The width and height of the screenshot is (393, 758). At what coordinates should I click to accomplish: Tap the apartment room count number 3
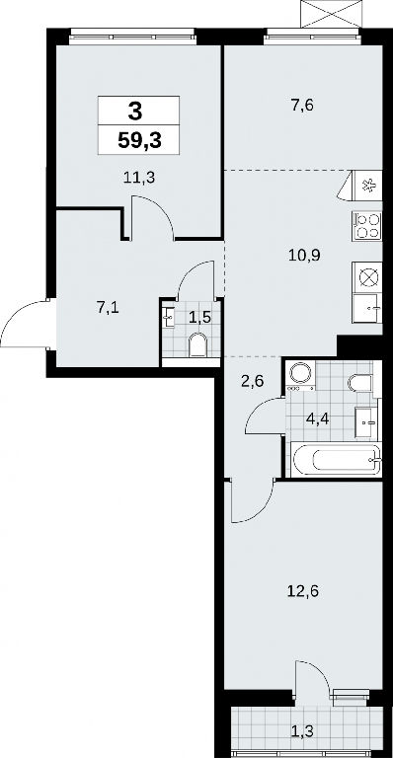(x=135, y=112)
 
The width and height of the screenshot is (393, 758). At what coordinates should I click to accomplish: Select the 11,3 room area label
(x=138, y=178)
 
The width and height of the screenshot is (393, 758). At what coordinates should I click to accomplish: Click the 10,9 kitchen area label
(x=300, y=255)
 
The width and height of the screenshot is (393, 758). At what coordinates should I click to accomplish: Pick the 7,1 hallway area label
(x=108, y=308)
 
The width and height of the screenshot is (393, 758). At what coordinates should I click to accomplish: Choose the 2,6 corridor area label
(x=251, y=381)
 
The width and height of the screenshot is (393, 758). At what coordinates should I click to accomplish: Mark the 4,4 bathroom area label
(x=318, y=418)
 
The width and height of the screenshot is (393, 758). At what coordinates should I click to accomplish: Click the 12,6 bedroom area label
(x=302, y=591)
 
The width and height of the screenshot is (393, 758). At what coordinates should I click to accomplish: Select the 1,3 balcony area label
(x=302, y=731)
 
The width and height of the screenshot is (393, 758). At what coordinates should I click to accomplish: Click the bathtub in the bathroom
(x=337, y=459)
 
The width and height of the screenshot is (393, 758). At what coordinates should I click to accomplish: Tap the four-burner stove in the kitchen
(x=367, y=226)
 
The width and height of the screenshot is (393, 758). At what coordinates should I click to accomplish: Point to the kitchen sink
(x=367, y=308)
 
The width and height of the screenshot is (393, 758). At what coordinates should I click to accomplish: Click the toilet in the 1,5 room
(x=197, y=344)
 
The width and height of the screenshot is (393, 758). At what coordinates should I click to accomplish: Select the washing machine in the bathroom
(x=300, y=375)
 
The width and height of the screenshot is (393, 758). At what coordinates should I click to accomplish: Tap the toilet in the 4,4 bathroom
(x=360, y=383)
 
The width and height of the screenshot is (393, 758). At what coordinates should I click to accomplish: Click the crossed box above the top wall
(x=331, y=14)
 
